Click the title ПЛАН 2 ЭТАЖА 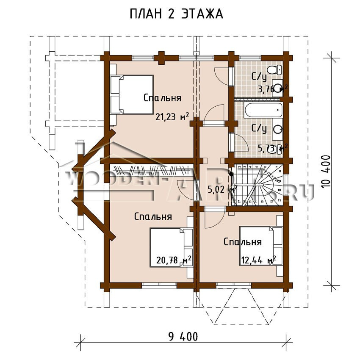[x=176, y=14]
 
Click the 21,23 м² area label [x=172, y=117]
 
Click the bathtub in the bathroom [x=263, y=110]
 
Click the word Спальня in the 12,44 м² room [x=242, y=242]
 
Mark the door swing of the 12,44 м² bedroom [x=212, y=218]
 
